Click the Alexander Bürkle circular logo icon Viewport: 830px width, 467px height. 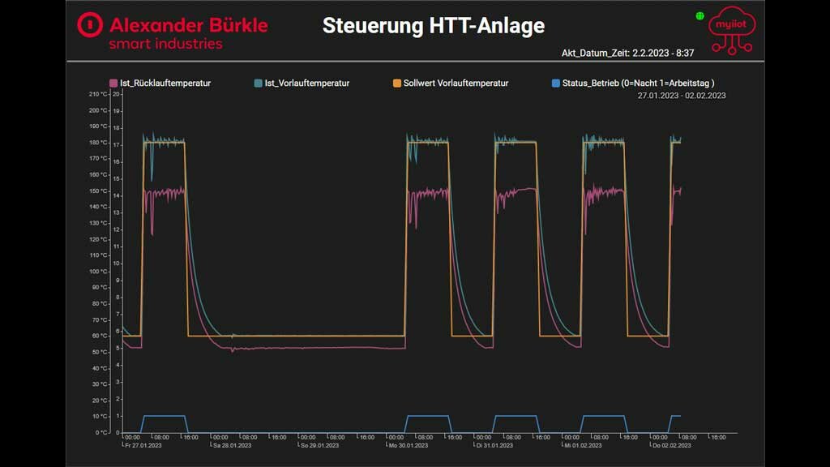click(x=90, y=25)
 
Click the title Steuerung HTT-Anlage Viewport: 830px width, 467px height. click(x=433, y=26)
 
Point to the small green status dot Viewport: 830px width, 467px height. click(x=700, y=15)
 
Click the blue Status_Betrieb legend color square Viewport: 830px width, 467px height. click(x=555, y=83)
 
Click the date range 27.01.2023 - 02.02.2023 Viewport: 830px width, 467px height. click(x=681, y=96)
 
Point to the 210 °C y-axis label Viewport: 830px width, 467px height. click(x=98, y=94)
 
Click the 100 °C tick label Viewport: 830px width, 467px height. click(x=98, y=272)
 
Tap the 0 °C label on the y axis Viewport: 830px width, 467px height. click(x=101, y=432)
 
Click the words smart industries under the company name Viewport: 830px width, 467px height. click(x=165, y=44)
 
